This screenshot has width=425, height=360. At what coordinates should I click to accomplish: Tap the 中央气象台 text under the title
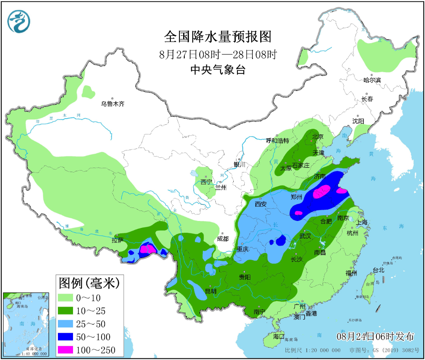(x=218, y=70)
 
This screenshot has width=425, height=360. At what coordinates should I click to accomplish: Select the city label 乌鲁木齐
(x=113, y=104)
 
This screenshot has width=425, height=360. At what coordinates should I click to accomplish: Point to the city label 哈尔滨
(x=372, y=80)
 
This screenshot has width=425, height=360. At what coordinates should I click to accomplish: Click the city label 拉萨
(x=117, y=240)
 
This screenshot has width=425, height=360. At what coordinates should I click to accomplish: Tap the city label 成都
(x=224, y=239)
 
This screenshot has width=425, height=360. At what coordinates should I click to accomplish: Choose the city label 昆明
(x=210, y=292)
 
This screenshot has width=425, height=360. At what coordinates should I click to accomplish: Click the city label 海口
(x=279, y=336)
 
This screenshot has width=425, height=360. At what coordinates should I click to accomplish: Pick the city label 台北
(x=379, y=270)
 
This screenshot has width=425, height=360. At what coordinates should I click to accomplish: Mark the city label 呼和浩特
(x=277, y=141)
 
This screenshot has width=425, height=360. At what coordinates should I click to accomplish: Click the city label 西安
(x=260, y=204)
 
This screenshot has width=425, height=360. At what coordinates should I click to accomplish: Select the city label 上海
(x=362, y=222)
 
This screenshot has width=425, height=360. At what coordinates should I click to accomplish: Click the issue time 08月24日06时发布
(x=375, y=336)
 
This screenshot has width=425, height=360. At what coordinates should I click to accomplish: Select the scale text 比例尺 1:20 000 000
(x=312, y=350)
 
